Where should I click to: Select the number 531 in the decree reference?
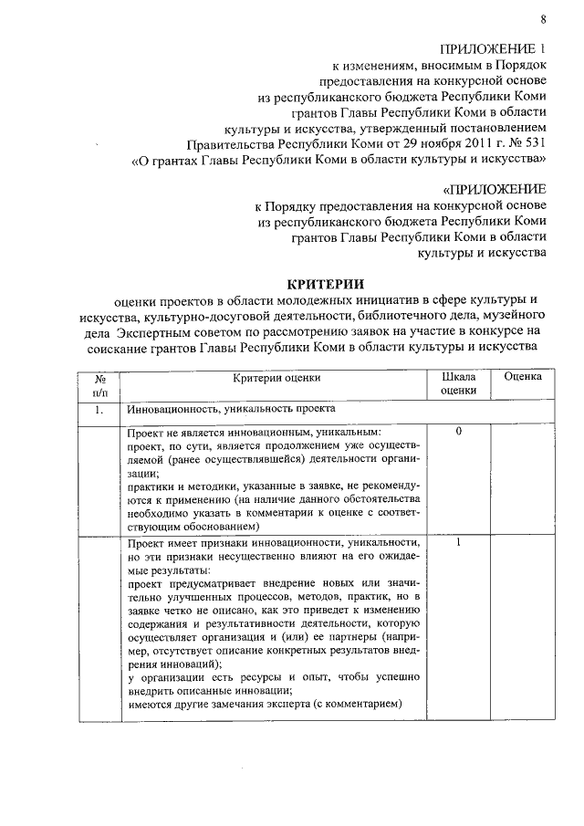pos(532,144)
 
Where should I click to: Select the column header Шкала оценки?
pos(458,382)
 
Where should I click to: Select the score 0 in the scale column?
pos(458,429)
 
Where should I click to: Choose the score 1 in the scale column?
pos(458,543)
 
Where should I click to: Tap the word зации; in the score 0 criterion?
pos(144,474)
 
